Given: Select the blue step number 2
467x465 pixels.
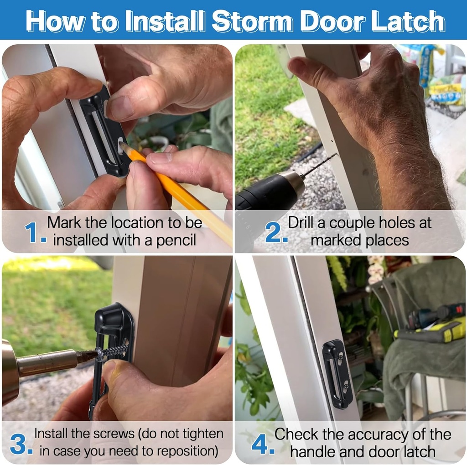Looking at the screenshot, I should (x=275, y=232).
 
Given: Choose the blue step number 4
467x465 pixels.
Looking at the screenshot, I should (x=261, y=444).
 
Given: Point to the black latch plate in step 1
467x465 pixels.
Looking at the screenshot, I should (x=104, y=132).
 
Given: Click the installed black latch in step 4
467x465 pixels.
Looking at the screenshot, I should (x=337, y=374).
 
